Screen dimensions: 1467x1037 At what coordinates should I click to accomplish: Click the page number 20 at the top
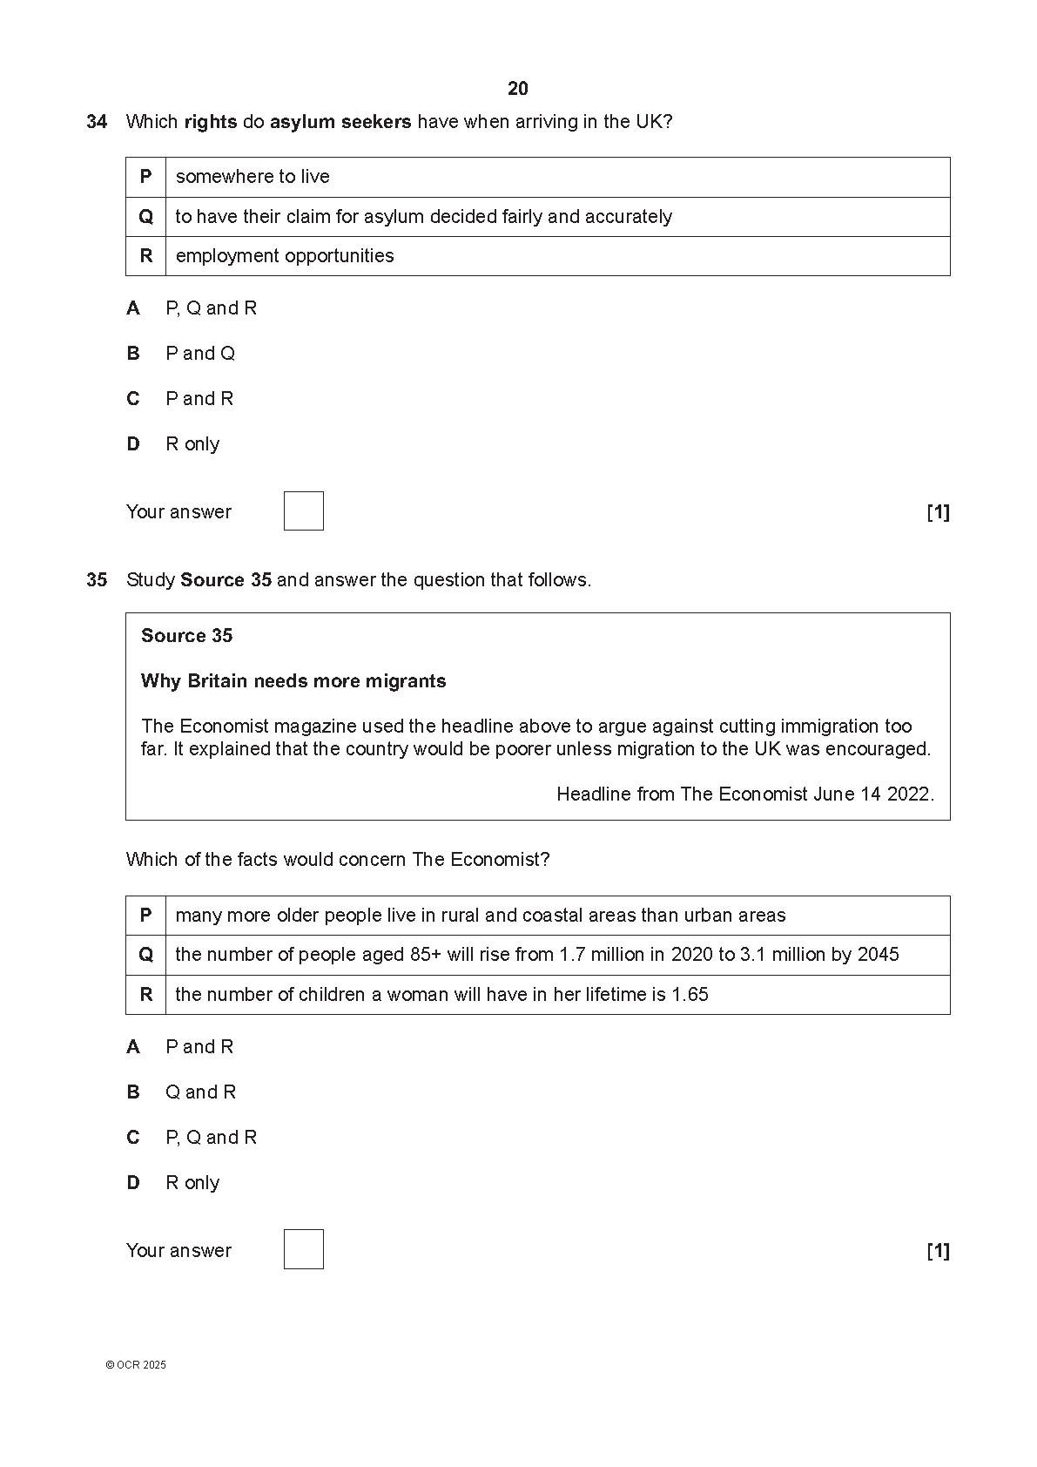tap(518, 89)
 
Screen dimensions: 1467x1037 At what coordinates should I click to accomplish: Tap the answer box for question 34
tap(303, 511)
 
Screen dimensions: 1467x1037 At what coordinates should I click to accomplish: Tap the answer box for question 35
tap(303, 1249)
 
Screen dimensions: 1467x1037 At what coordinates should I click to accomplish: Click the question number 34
tap(97, 122)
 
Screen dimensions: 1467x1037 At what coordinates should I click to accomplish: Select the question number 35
tap(97, 580)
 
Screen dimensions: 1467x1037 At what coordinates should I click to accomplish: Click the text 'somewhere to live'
tap(253, 177)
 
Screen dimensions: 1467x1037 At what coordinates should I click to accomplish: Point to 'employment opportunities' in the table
tap(285, 256)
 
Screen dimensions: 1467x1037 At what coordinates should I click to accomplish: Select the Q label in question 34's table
tap(145, 217)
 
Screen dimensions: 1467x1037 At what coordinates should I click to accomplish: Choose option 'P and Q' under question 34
tap(200, 354)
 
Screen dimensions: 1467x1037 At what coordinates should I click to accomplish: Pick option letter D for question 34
tap(133, 444)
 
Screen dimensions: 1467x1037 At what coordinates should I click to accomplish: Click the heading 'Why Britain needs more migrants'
tap(293, 681)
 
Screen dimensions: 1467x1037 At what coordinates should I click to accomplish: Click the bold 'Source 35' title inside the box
tap(186, 636)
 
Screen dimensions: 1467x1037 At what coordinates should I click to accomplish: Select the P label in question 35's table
tap(145, 916)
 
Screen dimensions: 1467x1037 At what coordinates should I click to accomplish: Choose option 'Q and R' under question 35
tap(200, 1092)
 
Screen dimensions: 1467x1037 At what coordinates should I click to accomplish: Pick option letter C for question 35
tap(133, 1138)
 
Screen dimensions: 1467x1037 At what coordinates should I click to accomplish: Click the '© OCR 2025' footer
tap(136, 1365)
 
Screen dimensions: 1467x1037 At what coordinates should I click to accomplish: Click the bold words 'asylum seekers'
tap(340, 122)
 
